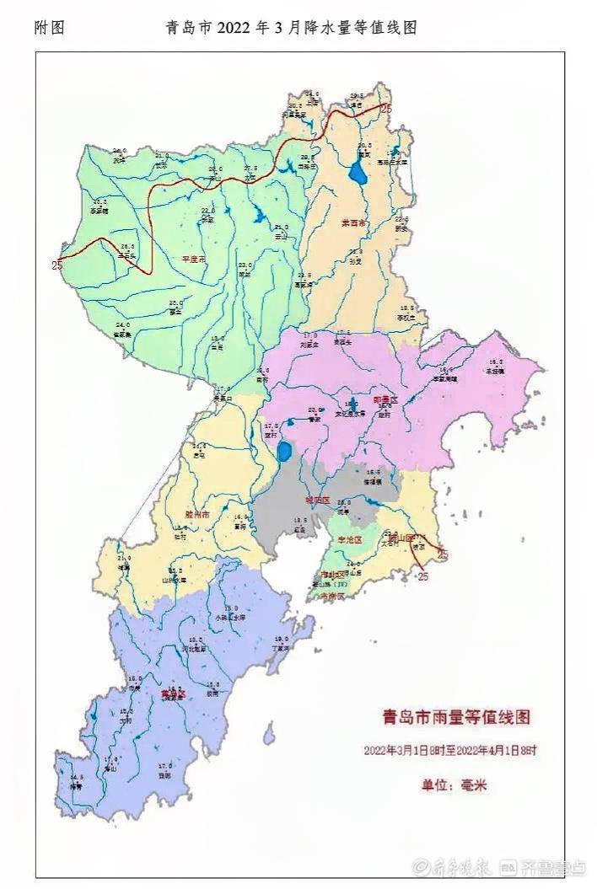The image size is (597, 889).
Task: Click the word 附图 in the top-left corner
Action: tap(49, 28)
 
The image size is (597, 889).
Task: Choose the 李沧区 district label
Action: tap(348, 539)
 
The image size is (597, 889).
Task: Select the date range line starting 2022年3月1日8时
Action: tap(451, 750)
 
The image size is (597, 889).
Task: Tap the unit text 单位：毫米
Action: tap(454, 785)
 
